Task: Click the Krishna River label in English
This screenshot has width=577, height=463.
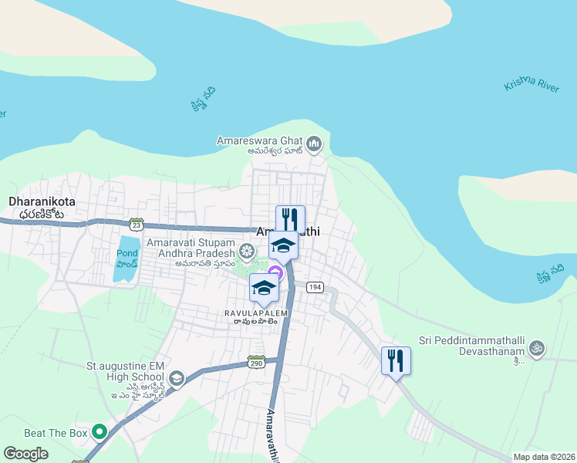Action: point(531,85)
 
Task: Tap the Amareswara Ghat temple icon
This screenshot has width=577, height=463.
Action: point(314,143)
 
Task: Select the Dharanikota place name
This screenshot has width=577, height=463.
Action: point(35,201)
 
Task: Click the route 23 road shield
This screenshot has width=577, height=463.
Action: point(137,224)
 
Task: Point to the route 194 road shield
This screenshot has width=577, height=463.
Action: point(314,287)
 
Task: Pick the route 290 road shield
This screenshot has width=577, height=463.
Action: point(257,362)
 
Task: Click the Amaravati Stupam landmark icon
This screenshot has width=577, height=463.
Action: point(246,251)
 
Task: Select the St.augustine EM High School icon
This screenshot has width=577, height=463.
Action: point(177,377)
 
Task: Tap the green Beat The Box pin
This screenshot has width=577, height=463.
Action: point(99,432)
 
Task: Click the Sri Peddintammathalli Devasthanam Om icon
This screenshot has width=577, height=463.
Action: point(537,349)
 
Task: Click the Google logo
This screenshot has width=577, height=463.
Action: point(26,453)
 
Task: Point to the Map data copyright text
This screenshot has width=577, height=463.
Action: point(544,457)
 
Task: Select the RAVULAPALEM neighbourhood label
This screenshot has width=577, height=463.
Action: point(256,313)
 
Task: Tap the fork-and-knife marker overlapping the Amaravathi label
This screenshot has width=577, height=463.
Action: point(290,218)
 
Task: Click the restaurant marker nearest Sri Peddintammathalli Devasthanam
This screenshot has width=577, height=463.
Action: point(396,360)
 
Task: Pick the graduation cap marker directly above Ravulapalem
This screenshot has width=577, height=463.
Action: point(264,288)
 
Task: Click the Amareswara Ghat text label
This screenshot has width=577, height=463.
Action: point(260,140)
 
